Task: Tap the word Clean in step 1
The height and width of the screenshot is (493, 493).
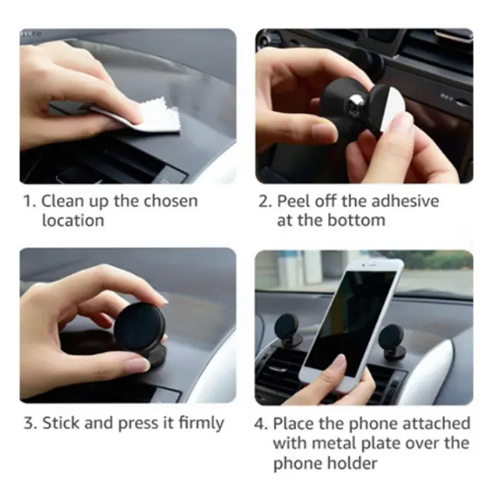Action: click(62, 201)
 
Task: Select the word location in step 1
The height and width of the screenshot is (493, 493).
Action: click(73, 220)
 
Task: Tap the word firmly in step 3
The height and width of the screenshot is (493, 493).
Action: click(201, 424)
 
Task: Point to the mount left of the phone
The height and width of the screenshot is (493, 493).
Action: click(287, 330)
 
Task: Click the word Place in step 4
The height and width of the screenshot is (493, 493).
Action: click(293, 424)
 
